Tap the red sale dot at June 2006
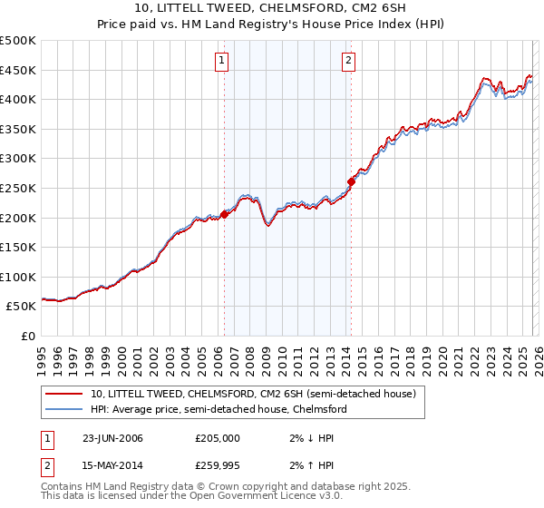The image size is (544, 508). pyautogui.click(x=224, y=215)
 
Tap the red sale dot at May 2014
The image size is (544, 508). pyautogui.click(x=351, y=181)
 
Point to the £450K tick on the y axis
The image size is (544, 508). pyautogui.click(x=18, y=70)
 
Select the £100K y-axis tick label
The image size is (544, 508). pyautogui.click(x=18, y=277)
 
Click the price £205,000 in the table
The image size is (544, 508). pyautogui.click(x=218, y=438)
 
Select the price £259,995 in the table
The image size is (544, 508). pyautogui.click(x=218, y=467)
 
